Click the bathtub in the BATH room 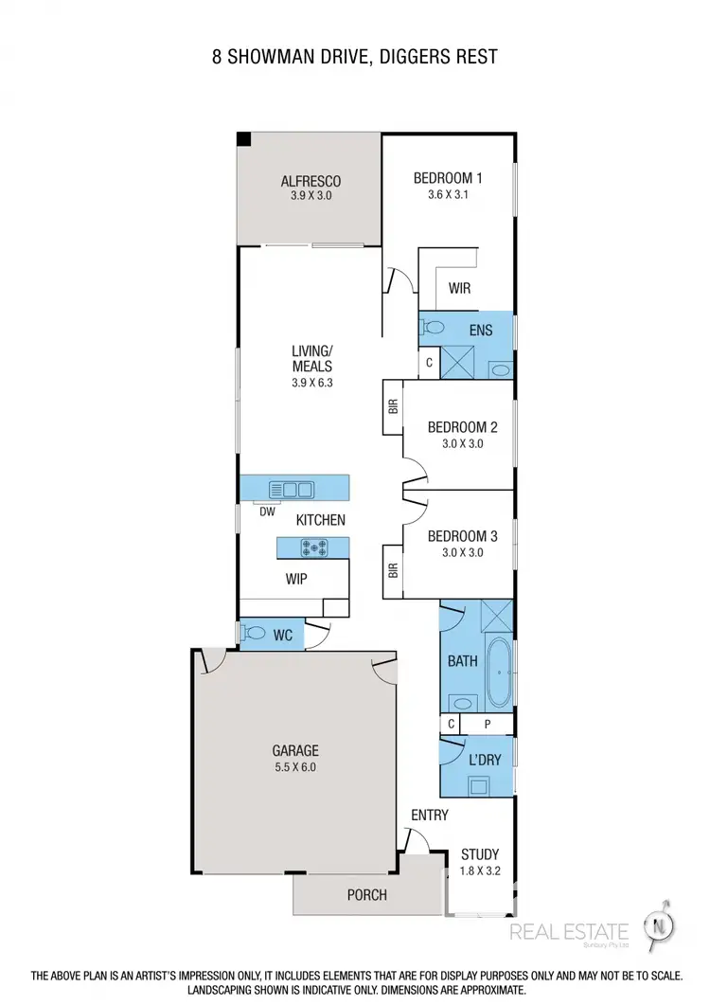pos(498,670)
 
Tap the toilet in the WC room pos(253,635)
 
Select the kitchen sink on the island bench pos(292,489)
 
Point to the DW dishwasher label pos(268,512)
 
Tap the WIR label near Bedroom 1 pos(459,289)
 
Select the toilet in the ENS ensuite pos(434,328)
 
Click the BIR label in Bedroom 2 pos(393,406)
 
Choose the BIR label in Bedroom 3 pos(393,571)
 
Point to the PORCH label pos(366,894)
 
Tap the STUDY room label pos(480,853)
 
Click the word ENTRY pos(429,815)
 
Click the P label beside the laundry pos(488,725)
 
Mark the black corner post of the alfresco pos(244,139)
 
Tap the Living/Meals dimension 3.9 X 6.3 pos(312,383)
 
